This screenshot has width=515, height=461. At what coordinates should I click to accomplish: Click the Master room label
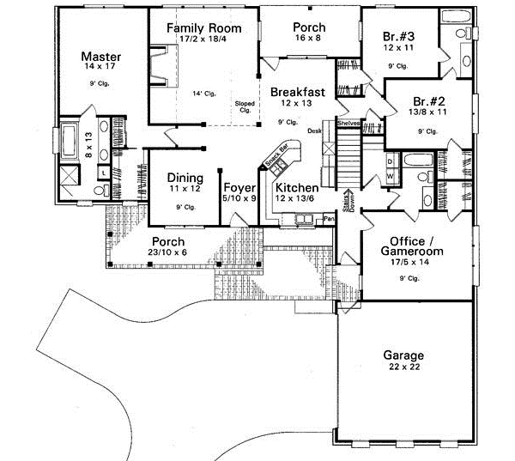[x=100, y=57]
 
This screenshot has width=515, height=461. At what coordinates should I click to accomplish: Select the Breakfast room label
[x=296, y=92]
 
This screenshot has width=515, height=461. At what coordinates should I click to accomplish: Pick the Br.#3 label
[x=398, y=36]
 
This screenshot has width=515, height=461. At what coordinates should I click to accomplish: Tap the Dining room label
[x=185, y=179]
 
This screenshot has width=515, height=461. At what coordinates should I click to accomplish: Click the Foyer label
[x=236, y=187]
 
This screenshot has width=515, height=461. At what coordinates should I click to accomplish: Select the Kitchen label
[x=297, y=187]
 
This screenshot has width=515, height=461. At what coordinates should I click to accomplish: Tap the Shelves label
[x=348, y=124]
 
